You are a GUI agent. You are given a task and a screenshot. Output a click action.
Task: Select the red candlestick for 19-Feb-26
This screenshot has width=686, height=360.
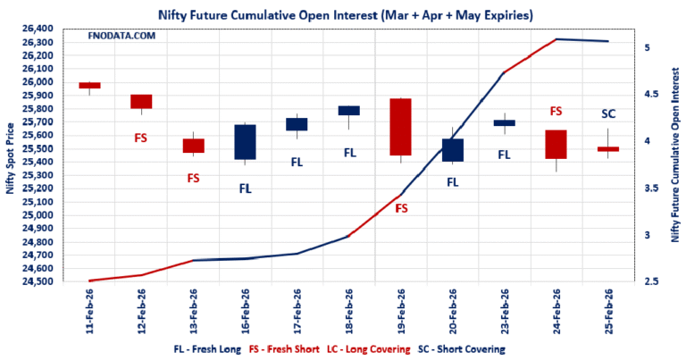coord(401,127)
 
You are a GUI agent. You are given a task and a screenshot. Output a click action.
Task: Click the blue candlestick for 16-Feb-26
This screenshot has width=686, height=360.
coord(245,142)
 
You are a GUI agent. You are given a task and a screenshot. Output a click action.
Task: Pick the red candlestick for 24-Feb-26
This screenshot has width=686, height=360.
coord(556,145)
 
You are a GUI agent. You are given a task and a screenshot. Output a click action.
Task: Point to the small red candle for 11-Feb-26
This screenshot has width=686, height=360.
coord(89,86)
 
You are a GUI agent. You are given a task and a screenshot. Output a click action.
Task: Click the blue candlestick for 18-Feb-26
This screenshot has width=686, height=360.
coord(349,111)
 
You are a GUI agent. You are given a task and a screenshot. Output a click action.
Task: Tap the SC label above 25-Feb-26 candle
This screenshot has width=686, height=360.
coord(608,113)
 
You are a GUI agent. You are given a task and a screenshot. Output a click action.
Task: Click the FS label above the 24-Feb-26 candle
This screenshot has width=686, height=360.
coord(556,112)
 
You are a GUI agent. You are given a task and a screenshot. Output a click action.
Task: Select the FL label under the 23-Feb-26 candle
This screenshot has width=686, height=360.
coord(504,155)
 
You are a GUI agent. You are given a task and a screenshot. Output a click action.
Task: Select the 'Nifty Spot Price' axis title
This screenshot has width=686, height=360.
coord(10,156)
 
